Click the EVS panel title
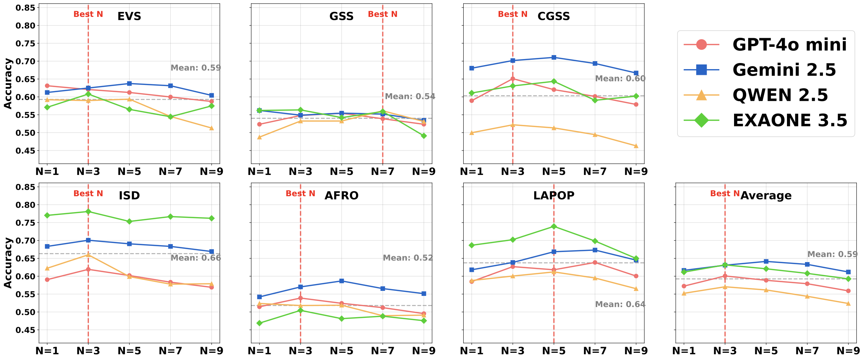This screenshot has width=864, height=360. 129,16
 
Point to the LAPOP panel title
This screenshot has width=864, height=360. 554,195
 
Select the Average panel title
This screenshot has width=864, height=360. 766,195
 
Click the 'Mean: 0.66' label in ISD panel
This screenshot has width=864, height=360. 195,258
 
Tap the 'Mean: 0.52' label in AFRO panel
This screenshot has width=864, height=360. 408,258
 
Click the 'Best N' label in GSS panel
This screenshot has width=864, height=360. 382,14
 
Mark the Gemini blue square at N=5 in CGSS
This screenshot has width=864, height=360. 554,58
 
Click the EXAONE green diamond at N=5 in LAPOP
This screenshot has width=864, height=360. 554,226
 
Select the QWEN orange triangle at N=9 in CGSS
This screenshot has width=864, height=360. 636,146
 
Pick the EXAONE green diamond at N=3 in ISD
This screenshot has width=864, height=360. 88,212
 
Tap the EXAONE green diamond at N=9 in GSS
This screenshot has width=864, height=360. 424,136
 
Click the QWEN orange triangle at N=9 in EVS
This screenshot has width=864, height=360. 211,128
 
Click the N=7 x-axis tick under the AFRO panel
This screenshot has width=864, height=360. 383,351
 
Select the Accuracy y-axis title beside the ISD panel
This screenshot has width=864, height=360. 8,263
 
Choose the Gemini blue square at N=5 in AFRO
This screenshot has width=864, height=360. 342,281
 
